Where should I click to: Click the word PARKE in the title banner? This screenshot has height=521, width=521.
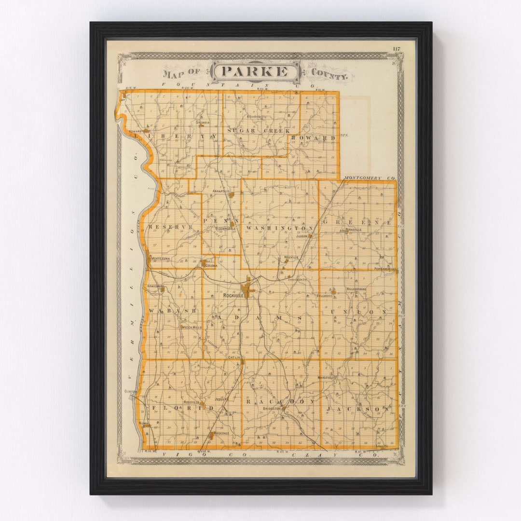coord(256,72)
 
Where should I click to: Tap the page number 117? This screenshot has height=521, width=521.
coord(396,49)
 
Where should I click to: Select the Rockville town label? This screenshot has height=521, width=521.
coord(232,295)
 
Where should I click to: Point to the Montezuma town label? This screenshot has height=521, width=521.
coord(160,259)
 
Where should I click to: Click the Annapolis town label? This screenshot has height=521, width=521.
coord(219,191)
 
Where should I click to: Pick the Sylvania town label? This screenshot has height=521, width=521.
coord(203,123)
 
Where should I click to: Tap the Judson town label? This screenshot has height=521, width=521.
coord(302,236)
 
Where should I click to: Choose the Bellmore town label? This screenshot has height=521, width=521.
coord(325,295)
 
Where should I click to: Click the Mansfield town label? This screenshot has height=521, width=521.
coord(326,377)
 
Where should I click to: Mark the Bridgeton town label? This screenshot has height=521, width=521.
coord(272,409)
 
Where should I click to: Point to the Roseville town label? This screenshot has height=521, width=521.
coord(192,402)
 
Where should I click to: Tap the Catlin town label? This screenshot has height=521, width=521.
coord(234,357)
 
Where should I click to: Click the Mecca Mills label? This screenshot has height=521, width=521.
coord(191,327)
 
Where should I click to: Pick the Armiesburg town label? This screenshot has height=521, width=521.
coord(156,286)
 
